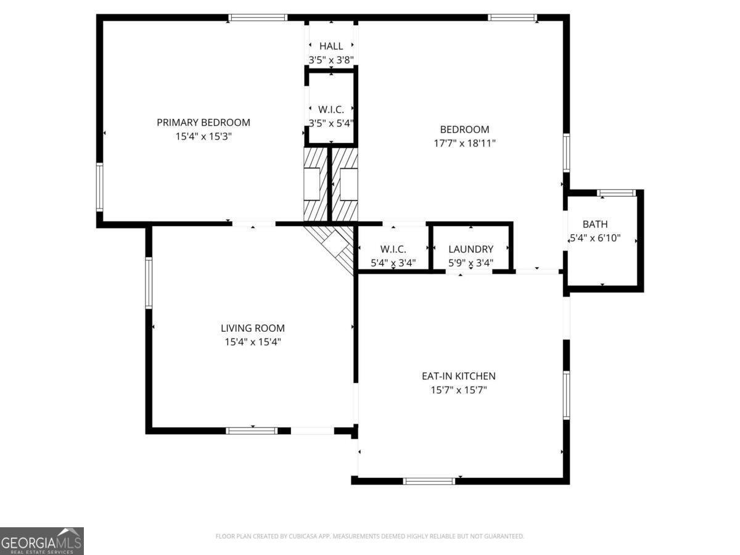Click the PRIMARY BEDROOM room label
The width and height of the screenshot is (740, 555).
click(203, 122)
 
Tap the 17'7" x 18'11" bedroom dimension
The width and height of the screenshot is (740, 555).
click(464, 144)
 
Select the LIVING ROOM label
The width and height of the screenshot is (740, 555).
click(252, 328)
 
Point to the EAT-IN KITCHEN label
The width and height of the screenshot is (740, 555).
click(459, 376)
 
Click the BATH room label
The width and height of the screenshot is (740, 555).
click(595, 224)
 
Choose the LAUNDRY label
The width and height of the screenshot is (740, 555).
click(471, 249)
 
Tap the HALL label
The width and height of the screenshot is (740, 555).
click(331, 46)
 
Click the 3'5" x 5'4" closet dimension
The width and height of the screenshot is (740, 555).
click(331, 123)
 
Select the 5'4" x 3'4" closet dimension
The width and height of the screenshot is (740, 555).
click(393, 263)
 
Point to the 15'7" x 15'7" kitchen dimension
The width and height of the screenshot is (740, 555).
click(459, 390)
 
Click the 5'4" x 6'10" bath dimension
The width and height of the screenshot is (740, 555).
click(595, 238)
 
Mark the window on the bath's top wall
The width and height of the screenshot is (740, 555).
click(616, 193)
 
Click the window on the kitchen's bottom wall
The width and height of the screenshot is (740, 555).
click(429, 481)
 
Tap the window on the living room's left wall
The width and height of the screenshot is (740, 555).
click(149, 282)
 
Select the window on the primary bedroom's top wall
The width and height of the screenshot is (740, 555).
click(258, 17)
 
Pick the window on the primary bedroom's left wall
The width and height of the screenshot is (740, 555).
click(99, 187)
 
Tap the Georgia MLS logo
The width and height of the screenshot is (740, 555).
click(41, 541)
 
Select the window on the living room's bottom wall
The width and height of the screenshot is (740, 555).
click(252, 430)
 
